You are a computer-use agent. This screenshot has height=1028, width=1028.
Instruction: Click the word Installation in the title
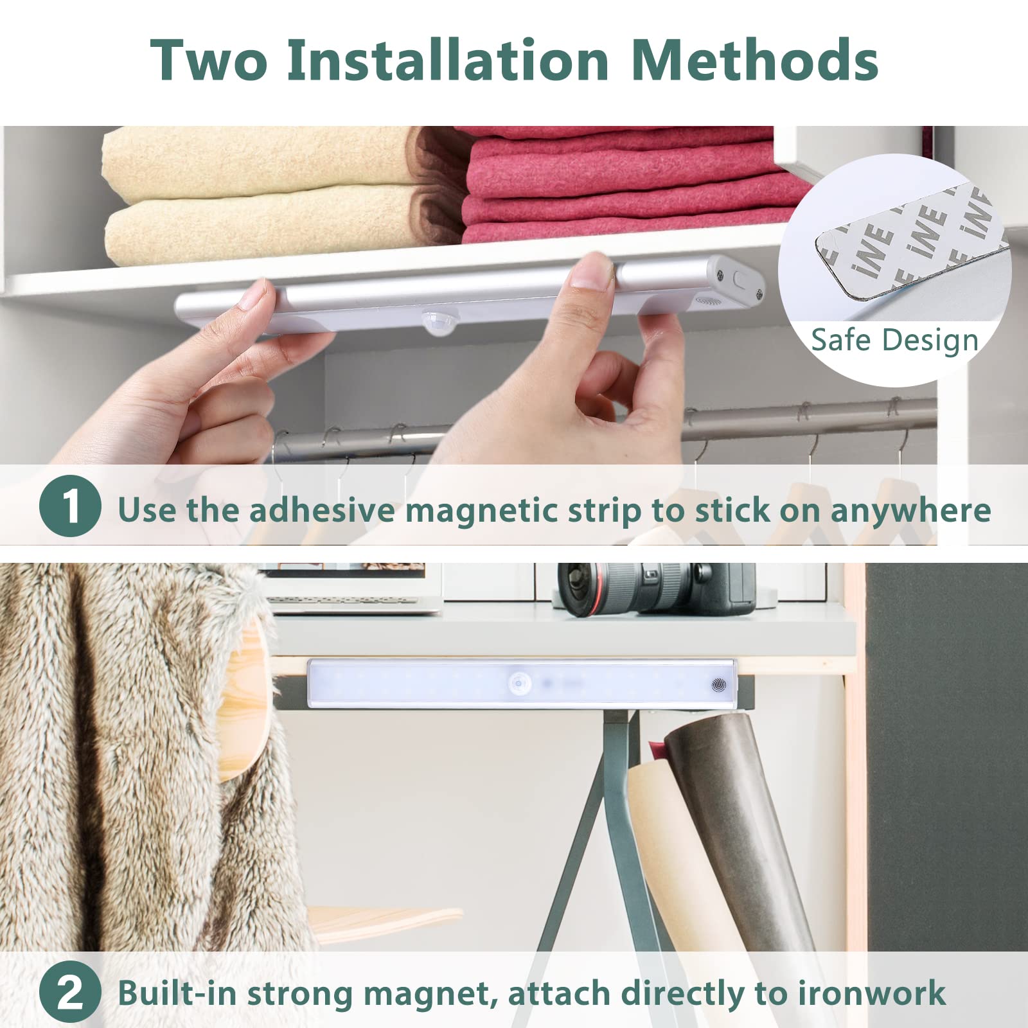click(448, 60)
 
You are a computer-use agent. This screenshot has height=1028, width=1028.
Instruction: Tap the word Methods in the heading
click(755, 60)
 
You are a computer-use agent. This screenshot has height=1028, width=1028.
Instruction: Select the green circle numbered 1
click(70, 507)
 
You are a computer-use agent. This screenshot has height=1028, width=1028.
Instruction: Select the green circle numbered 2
click(70, 992)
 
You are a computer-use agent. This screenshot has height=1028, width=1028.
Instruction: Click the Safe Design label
click(894, 339)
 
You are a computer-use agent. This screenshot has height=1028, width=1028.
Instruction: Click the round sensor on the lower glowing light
click(518, 684)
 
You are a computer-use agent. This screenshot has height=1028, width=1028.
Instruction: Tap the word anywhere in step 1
click(910, 510)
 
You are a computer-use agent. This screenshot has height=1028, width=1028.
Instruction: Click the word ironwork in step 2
click(872, 993)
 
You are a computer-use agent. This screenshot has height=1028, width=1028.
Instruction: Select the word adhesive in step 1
click(322, 510)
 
